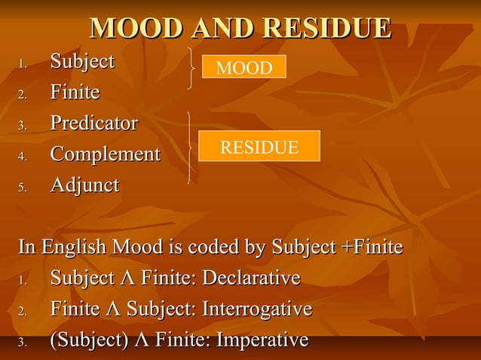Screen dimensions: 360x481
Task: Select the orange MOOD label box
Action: click(x=244, y=68)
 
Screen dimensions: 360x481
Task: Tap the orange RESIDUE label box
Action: click(x=259, y=146)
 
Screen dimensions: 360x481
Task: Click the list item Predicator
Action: click(x=93, y=123)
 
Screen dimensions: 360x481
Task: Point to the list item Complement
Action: click(x=105, y=154)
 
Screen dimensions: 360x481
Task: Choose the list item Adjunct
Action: click(x=84, y=185)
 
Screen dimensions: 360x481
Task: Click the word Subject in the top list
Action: click(x=82, y=61)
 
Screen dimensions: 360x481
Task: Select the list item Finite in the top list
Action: click(x=75, y=92)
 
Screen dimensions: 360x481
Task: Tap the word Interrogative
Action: click(x=257, y=310)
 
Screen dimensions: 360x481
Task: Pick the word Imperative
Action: click(x=262, y=340)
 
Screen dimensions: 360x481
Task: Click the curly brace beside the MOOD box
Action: click(x=195, y=69)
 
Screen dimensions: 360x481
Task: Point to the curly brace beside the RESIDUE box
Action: click(x=190, y=147)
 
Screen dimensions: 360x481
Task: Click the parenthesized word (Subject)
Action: click(x=89, y=340)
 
